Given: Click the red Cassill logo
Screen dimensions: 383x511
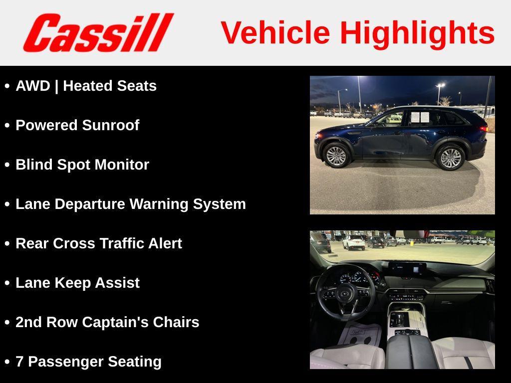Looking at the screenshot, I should pos(98,32).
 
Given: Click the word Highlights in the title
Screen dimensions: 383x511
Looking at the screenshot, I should pos(417,33).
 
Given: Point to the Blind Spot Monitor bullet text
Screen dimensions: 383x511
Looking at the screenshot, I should pos(82,165).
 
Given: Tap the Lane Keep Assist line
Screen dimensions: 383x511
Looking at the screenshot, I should pos(77,283).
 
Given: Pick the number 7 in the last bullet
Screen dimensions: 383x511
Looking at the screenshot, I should pos(19,362).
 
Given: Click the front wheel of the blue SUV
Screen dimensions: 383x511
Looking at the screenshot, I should pos(335,156).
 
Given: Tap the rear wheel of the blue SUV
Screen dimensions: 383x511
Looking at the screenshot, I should pos(451,158).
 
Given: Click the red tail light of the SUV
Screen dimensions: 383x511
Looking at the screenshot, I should pos(483,128).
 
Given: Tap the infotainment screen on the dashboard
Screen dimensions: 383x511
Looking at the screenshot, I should pos(407,270).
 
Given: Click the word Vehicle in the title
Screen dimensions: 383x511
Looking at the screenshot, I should pos(275,33).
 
